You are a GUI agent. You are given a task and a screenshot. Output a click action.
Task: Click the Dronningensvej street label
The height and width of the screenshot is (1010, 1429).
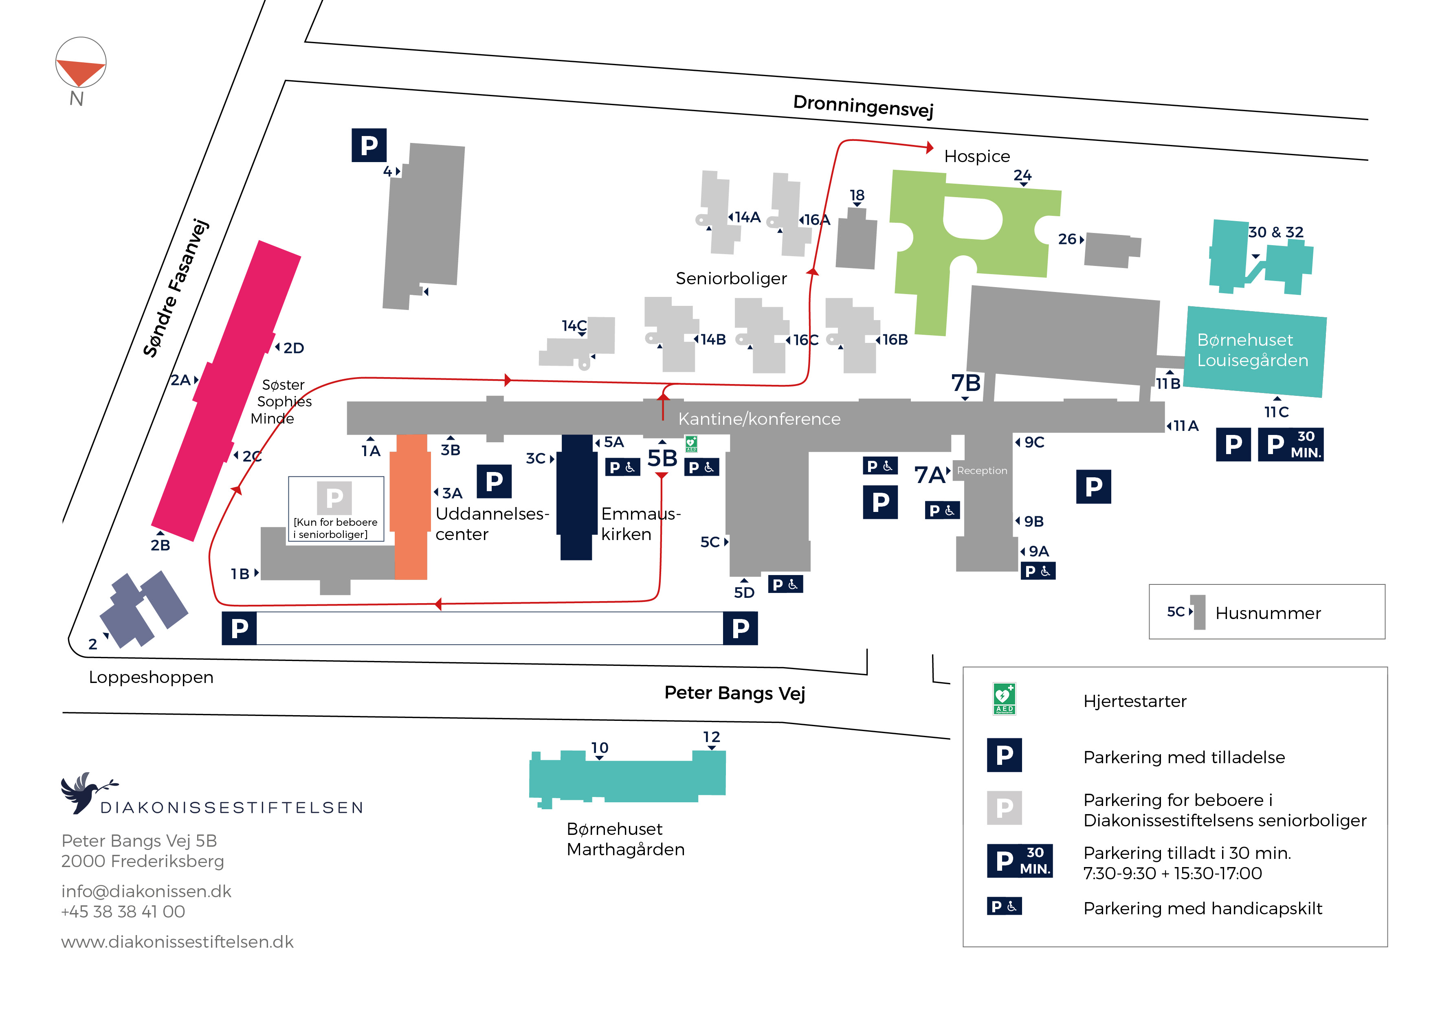coord(863,106)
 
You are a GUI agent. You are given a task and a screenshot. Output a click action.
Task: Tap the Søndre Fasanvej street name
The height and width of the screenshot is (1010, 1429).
coord(176,288)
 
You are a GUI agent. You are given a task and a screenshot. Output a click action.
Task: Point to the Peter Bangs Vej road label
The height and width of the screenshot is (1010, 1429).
coord(734,693)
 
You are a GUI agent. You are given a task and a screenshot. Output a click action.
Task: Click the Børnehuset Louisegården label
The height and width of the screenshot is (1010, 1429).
coord(1252,350)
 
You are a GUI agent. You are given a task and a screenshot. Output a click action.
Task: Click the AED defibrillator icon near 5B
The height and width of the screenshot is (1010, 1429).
coord(691,444)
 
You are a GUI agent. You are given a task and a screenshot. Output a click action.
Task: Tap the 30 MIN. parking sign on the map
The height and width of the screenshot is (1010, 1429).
coord(1290,444)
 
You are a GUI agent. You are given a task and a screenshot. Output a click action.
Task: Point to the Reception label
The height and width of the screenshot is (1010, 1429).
coord(981,470)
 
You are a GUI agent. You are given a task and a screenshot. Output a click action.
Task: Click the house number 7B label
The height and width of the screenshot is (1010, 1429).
coord(965,383)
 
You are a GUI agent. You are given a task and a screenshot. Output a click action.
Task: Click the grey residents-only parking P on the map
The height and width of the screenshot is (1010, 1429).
coord(334,498)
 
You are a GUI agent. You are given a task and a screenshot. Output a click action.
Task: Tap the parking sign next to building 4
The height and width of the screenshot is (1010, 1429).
coord(369,145)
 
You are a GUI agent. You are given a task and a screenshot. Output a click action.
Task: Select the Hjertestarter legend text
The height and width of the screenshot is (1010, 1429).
coord(1134,701)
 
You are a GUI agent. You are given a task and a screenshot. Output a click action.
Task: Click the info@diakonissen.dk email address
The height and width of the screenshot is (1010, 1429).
coord(146,891)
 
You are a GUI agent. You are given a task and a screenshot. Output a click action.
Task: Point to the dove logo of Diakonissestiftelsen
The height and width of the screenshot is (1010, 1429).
coord(87,792)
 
